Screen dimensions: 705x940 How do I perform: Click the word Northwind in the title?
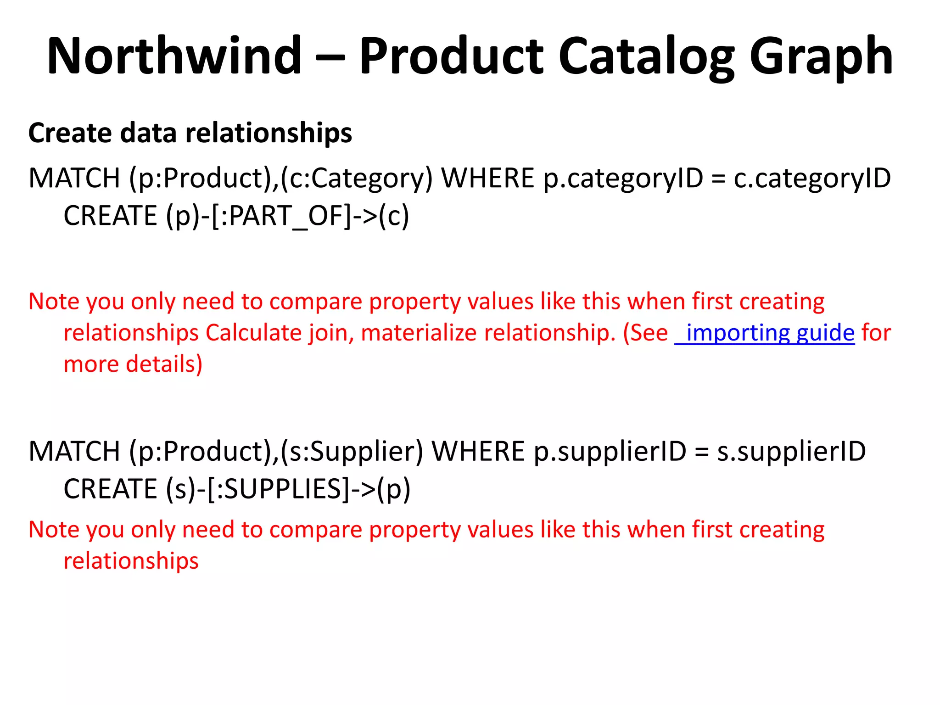[x=174, y=56]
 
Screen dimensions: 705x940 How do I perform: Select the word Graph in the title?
[x=821, y=56]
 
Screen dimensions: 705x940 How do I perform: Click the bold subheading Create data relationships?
[x=190, y=133]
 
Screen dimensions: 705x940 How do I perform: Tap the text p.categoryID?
[x=623, y=178]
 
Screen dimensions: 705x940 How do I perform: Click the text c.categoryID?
[x=812, y=178]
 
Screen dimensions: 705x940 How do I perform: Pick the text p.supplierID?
[x=610, y=451]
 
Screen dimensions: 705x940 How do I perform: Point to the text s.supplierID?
[x=791, y=451]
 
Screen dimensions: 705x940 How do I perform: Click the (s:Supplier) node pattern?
[x=352, y=451]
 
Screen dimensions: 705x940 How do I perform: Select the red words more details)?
[x=133, y=364]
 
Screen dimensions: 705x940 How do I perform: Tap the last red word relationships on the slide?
[x=131, y=561]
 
